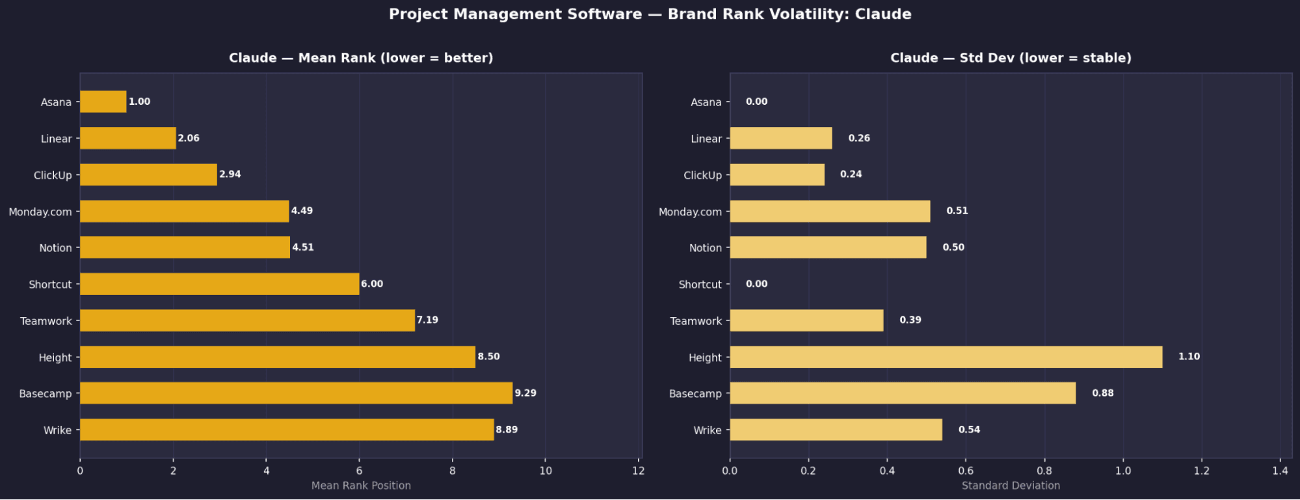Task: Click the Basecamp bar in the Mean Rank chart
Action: pyautogui.click(x=296, y=393)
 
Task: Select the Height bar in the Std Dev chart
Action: pyautogui.click(x=946, y=357)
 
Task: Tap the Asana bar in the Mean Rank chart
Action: pyautogui.click(x=103, y=102)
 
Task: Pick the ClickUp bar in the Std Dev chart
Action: pyautogui.click(x=777, y=174)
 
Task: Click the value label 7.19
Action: pyautogui.click(x=427, y=320)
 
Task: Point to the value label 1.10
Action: pyautogui.click(x=1189, y=356)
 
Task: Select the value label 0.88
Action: pyautogui.click(x=1102, y=393)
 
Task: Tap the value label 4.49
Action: pyautogui.click(x=302, y=210)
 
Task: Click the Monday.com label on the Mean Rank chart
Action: pyautogui.click(x=40, y=212)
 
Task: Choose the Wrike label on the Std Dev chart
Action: pyautogui.click(x=708, y=430)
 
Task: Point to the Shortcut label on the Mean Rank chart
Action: pyautogui.click(x=50, y=285)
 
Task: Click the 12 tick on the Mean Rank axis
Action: pyautogui.click(x=639, y=471)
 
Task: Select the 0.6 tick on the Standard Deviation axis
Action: pyautogui.click(x=966, y=471)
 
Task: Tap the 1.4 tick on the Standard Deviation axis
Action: pyautogui.click(x=1280, y=471)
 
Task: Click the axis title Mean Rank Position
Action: pyautogui.click(x=361, y=486)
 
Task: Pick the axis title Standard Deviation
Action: pyautogui.click(x=1011, y=486)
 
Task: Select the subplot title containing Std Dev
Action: pyautogui.click(x=1011, y=58)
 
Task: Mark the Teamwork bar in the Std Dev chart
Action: pyautogui.click(x=806, y=320)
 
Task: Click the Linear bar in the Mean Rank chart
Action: pyautogui.click(x=127, y=138)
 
